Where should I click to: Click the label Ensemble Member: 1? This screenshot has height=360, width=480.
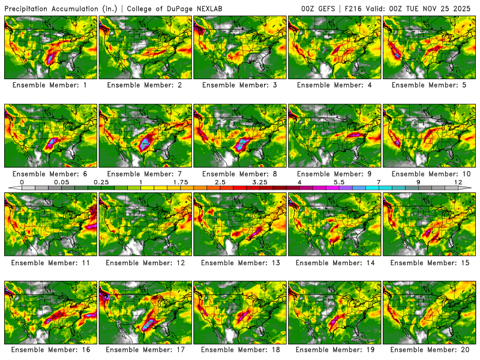[x=50, y=85]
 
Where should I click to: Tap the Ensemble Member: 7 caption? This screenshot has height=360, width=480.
[x=145, y=173]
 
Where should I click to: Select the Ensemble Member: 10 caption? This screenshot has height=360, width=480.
[x=430, y=173]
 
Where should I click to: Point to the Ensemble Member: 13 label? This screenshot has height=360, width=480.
[x=240, y=262]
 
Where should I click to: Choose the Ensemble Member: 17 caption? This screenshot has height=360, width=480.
[x=145, y=349]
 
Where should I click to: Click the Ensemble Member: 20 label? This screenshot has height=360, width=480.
[x=430, y=349]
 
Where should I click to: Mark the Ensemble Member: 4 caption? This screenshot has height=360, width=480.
[x=335, y=85]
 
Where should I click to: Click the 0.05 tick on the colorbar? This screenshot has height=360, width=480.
[x=61, y=182]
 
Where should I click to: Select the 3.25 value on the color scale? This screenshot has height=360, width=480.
[x=260, y=182]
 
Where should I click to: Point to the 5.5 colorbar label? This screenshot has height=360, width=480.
[x=339, y=182]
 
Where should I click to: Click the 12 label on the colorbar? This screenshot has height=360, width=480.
[x=458, y=182]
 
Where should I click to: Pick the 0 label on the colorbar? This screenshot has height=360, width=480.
[x=22, y=182]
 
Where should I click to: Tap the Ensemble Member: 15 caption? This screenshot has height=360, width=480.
[x=430, y=262]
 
